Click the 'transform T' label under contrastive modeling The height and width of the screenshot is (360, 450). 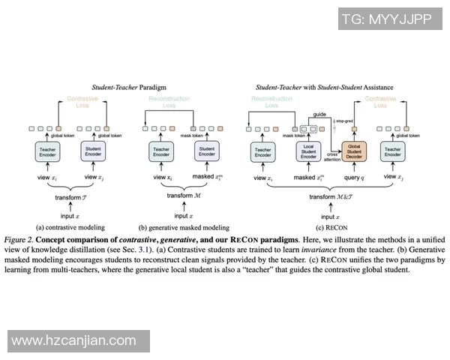[71, 197]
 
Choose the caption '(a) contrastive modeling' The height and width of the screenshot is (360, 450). [71, 226]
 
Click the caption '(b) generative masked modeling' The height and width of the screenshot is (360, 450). [184, 226]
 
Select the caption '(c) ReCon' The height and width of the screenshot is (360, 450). [327, 226]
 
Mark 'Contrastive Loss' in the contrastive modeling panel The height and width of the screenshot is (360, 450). [82, 103]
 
